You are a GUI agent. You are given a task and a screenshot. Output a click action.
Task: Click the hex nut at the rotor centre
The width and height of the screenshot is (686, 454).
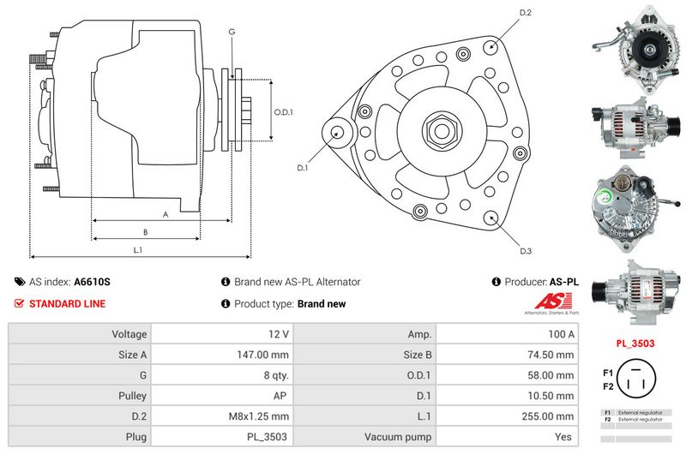pyautogui.click(x=442, y=131)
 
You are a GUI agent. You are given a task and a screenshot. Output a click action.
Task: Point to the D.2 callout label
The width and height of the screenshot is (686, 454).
pyautogui.click(x=526, y=13)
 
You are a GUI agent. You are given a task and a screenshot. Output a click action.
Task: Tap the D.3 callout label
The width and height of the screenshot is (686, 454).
pyautogui.click(x=526, y=250)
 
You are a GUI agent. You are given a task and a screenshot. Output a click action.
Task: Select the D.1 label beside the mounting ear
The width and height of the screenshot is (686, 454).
pyautogui.click(x=303, y=168)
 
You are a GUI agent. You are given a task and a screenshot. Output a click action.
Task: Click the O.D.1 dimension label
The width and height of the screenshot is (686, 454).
pyautogui.click(x=284, y=112)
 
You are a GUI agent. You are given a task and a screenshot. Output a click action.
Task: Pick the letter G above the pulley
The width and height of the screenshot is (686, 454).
pyautogui.click(x=232, y=32)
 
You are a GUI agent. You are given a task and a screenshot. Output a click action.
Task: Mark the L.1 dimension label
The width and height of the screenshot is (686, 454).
pyautogui.click(x=137, y=249)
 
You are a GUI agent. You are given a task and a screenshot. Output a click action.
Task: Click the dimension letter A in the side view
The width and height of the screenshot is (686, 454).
pyautogui.click(x=165, y=215)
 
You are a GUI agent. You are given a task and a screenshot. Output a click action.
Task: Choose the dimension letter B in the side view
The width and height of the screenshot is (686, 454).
pyautogui.click(x=145, y=232)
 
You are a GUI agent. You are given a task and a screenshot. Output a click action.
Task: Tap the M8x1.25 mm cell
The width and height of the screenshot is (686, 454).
pyautogui.click(x=262, y=417)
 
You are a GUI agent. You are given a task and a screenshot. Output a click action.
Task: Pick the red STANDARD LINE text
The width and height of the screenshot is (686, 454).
pyautogui.click(x=68, y=304)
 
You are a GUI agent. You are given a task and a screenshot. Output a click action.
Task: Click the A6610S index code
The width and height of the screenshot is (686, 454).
pyautogui.click(x=93, y=282)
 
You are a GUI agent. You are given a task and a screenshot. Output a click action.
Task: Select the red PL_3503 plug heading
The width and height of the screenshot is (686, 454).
pyautogui.click(x=635, y=343)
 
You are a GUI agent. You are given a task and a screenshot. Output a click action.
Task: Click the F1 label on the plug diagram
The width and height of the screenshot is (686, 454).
pyautogui.click(x=608, y=373)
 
